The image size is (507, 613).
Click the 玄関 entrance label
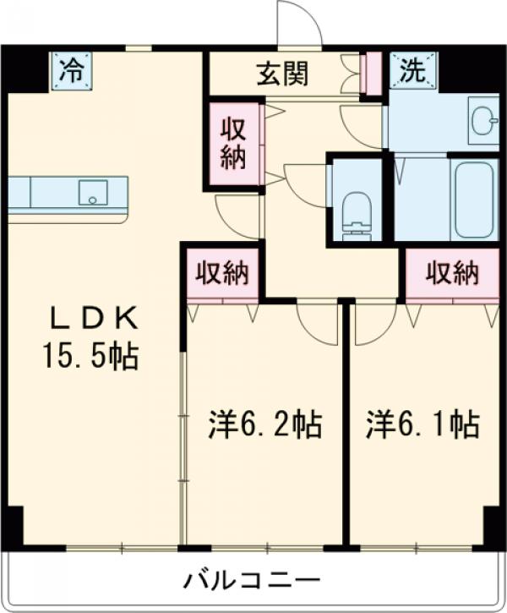coord(282,74)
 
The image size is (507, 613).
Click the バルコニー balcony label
coord(253,582)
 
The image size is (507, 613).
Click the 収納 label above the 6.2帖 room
coord(222,272)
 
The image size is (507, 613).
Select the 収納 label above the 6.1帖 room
coord(452,272)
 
